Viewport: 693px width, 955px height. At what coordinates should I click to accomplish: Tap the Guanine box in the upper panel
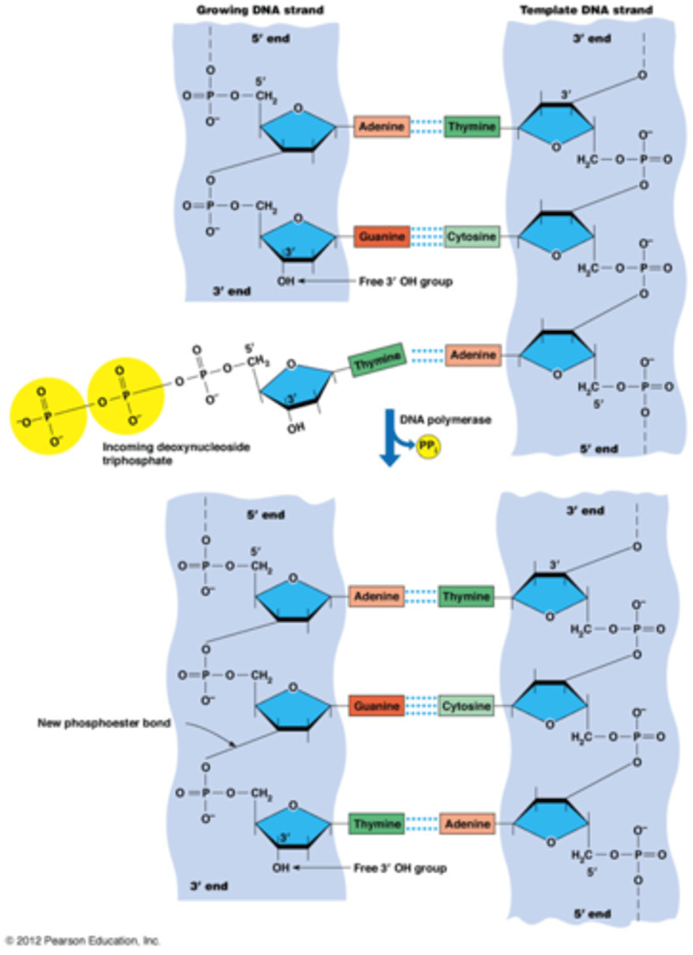coord(382,236)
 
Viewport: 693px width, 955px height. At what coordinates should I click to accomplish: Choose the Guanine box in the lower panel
coord(376,704)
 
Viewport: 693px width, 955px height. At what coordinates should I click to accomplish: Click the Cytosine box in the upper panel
coord(472,236)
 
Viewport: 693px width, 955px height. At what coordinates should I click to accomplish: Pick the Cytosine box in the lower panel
coord(465,704)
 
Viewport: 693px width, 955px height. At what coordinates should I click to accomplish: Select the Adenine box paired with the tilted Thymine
coord(473,354)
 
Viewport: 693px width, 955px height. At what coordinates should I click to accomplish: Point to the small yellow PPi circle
coord(426,450)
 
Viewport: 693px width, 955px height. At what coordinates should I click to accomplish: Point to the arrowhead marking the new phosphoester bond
coord(232,745)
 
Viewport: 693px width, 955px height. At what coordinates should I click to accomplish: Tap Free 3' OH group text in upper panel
coord(402,281)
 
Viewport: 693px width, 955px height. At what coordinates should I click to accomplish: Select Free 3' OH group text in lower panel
coord(399,867)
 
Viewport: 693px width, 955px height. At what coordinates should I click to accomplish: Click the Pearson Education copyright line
coord(82,941)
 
